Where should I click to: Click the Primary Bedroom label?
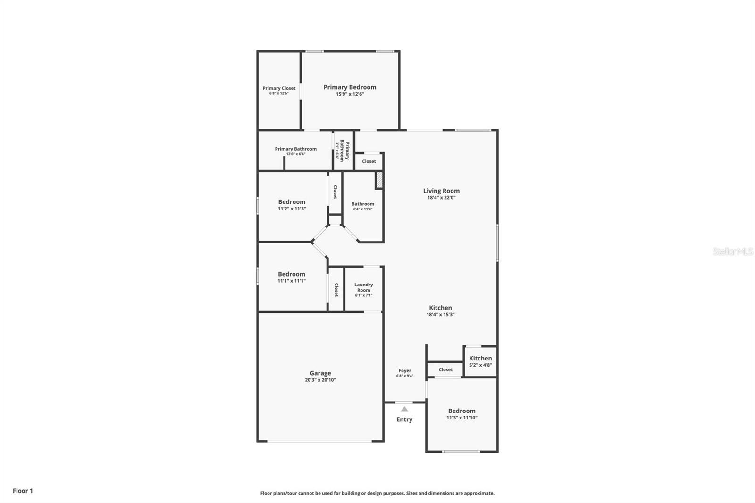[350, 87]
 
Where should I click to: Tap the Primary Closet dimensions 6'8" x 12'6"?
[279, 94]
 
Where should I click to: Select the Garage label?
[320, 373]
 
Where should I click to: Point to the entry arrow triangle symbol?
[404, 409]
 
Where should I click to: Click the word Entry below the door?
[404, 419]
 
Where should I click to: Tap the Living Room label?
[441, 191]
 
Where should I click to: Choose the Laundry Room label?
[364, 287]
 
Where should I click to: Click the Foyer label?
[404, 371]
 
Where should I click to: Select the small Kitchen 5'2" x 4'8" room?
[480, 361]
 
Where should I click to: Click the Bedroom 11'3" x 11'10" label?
[462, 411]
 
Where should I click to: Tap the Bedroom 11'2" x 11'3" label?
[292, 202]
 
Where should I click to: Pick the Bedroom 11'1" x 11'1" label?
[292, 274]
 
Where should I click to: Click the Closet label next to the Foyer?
[445, 370]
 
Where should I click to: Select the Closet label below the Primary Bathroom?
[369, 161]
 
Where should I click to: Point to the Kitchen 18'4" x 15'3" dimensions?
[440, 315]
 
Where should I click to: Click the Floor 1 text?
[23, 491]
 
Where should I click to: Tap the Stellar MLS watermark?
[732, 252]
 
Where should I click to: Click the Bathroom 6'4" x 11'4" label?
[363, 204]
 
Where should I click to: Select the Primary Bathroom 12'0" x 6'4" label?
[296, 149]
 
